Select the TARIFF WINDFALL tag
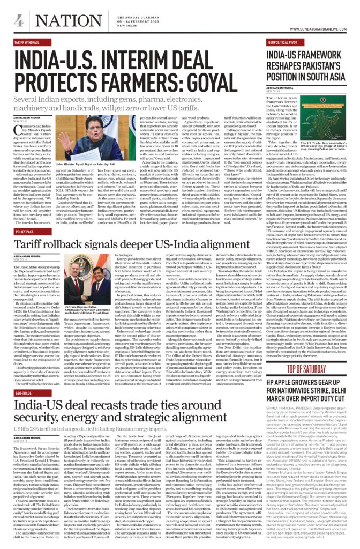29,41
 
